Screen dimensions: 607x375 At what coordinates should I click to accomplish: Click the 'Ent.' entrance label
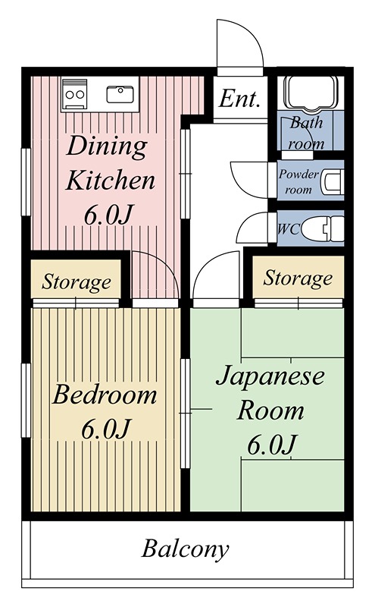point(240,99)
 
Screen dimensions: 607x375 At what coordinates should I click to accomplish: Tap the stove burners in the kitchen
point(75,95)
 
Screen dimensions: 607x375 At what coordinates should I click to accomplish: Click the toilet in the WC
point(329,228)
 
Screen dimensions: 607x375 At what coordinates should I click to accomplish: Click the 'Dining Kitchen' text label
point(110,163)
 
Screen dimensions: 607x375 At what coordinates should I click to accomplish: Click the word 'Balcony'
point(186,549)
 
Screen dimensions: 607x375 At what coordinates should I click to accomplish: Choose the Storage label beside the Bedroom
point(76,283)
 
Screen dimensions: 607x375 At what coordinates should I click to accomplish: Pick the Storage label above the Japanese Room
point(298,278)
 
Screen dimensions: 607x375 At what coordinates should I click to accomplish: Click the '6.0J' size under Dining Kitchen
point(109,215)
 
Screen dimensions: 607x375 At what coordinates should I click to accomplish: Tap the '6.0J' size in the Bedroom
point(107,429)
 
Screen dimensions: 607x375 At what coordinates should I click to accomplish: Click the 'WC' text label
point(287,228)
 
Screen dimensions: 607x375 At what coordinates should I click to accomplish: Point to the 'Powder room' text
point(298,181)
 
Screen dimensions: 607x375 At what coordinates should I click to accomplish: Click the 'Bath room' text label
point(307,132)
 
